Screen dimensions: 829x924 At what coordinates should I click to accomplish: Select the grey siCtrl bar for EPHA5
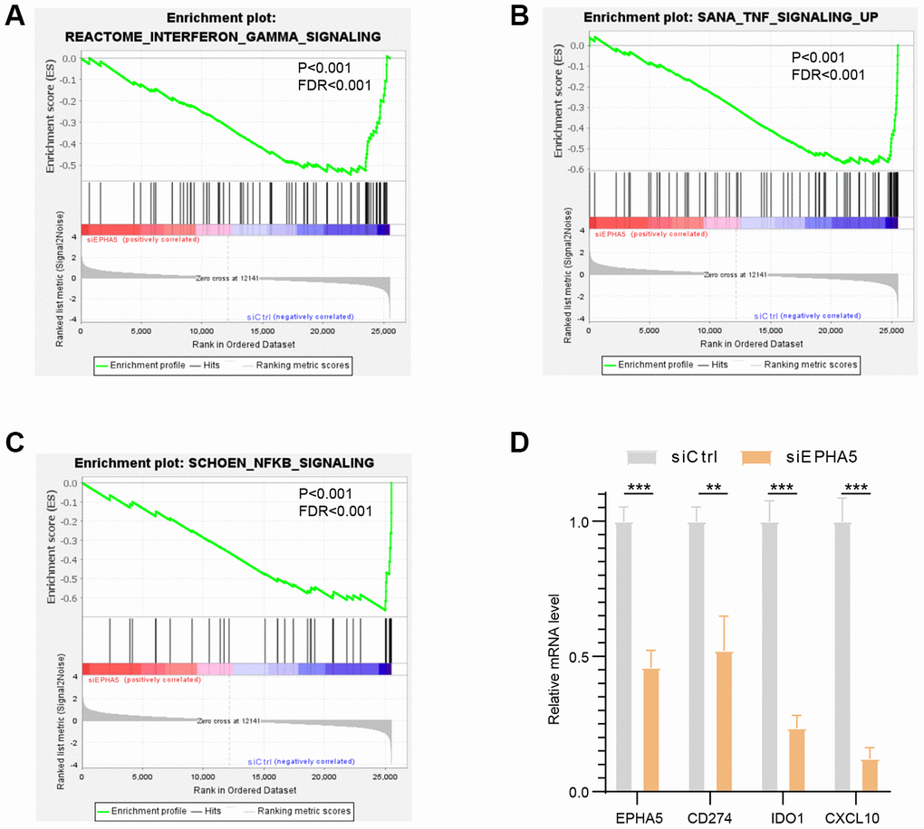(x=622, y=656)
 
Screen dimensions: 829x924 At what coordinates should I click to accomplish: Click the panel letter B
(x=544, y=14)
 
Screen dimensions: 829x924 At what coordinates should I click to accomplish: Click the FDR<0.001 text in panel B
(x=827, y=75)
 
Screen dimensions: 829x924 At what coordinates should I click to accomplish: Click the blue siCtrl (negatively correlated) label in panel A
(x=300, y=317)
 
